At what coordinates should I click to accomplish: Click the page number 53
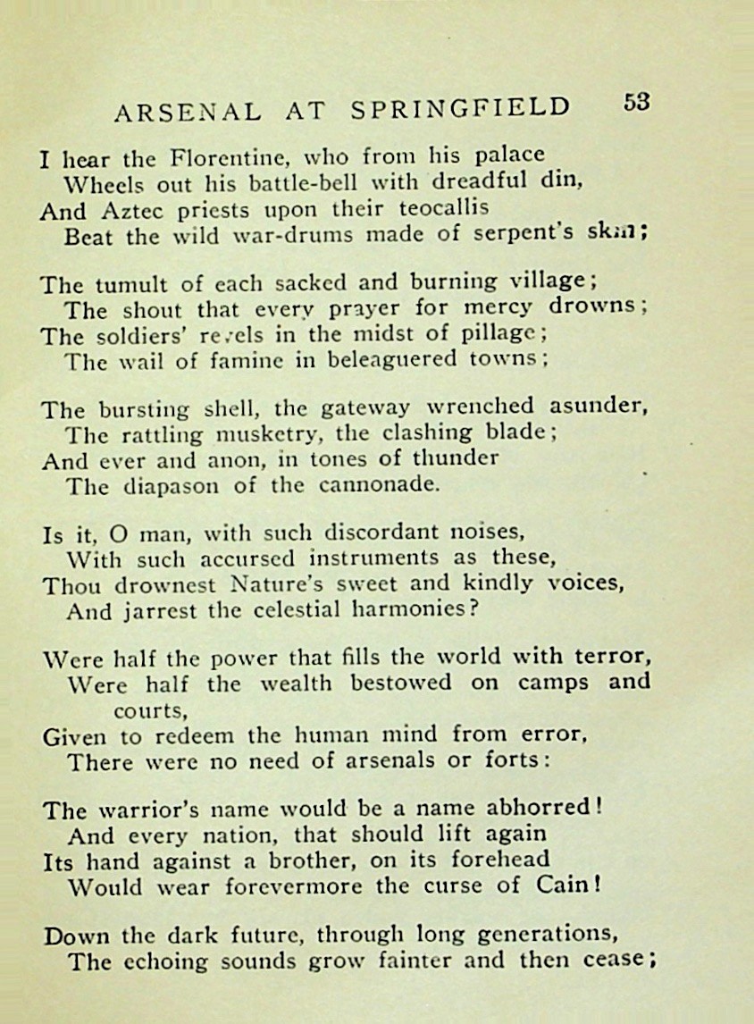[637, 101]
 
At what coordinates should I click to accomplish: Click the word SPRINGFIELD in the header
[460, 109]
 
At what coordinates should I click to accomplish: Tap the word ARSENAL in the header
[188, 112]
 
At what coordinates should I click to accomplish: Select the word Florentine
[227, 160]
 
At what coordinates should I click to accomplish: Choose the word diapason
[179, 487]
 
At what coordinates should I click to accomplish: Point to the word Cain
[570, 887]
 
